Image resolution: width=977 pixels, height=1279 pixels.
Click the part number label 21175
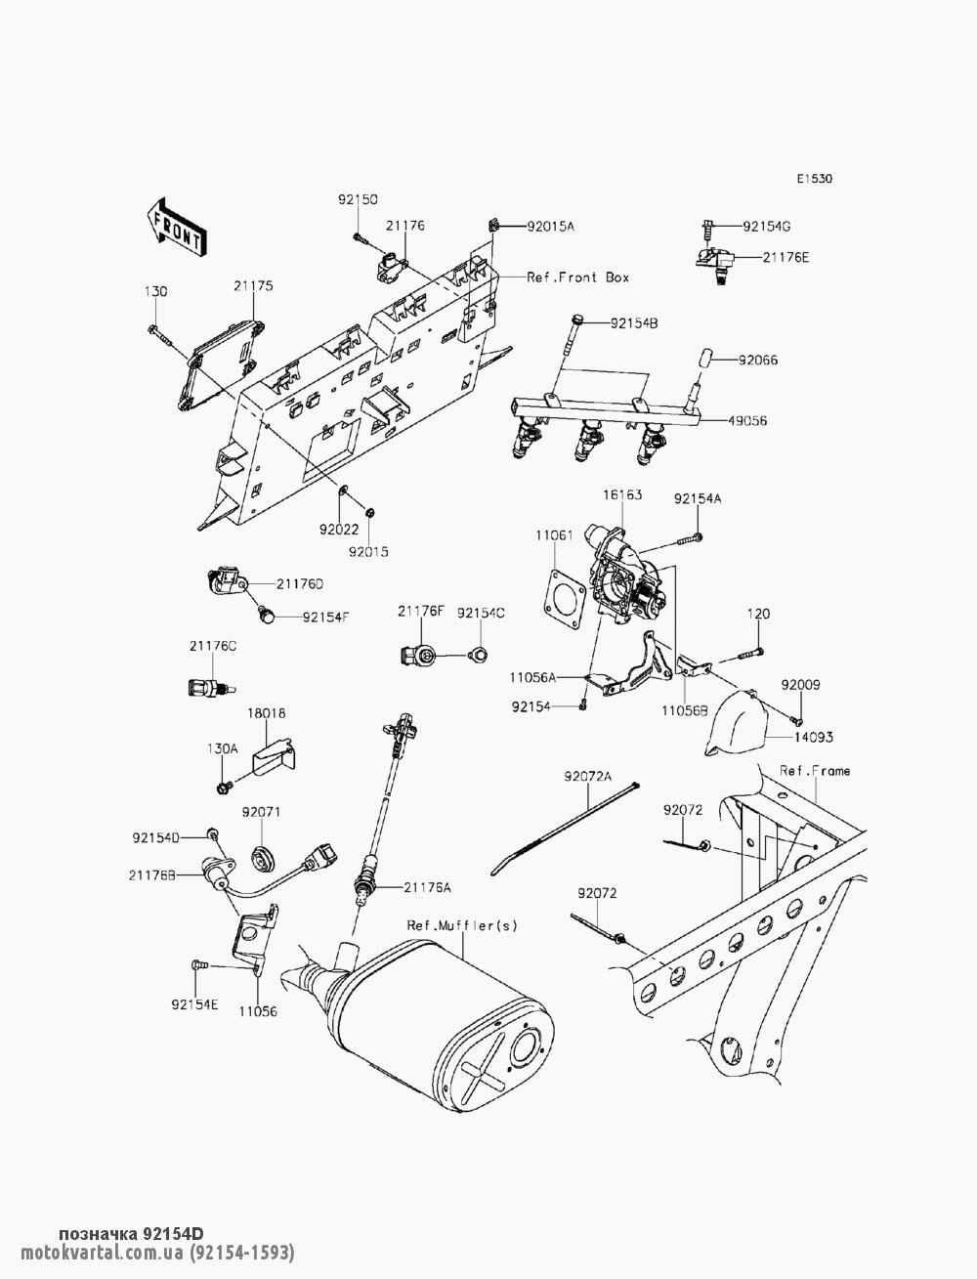click(x=253, y=287)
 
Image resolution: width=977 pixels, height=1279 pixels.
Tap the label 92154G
click(x=766, y=226)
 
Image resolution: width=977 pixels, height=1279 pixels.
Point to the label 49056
click(x=747, y=421)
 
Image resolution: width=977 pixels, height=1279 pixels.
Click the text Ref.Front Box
click(x=577, y=277)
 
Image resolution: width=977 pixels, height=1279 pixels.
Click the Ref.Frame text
click(x=815, y=771)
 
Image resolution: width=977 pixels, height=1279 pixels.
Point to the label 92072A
click(x=587, y=778)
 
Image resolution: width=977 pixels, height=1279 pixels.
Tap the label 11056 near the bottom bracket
click(x=258, y=1011)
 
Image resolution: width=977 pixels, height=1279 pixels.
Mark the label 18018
click(x=266, y=714)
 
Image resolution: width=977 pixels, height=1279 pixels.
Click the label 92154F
click(x=325, y=617)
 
